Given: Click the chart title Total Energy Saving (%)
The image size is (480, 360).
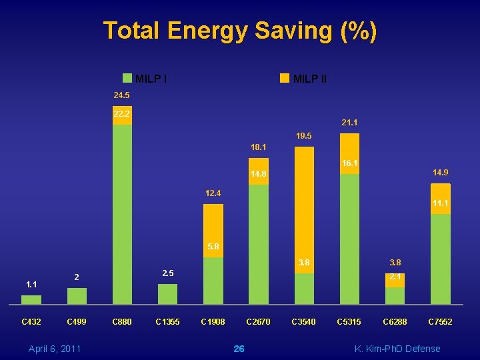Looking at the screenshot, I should coord(240,31).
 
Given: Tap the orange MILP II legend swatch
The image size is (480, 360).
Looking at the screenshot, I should coord(285,78).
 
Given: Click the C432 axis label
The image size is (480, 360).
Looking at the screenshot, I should coord(31,322).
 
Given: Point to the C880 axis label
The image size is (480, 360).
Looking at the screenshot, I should coord(122,322).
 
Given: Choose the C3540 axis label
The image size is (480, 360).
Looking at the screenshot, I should coord(303,322).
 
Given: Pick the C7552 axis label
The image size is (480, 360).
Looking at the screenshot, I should coord(440,322).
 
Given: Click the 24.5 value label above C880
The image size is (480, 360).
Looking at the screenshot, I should coord(121,95).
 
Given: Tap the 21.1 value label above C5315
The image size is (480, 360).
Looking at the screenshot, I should coord(349,123).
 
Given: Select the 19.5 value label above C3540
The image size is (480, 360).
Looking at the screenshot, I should coord(303,136).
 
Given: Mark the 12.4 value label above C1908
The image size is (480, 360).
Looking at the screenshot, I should coord(213,193).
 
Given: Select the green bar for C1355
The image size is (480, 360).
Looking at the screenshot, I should coord(167,294).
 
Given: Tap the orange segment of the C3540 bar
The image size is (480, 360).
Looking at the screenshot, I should coord(304,207).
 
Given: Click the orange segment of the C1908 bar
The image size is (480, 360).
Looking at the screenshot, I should coord(213,230).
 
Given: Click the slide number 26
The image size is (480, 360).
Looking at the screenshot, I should coord(239,349).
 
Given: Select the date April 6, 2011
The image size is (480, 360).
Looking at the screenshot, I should coord(55,349).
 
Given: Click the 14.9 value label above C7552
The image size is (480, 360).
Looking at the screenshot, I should coord(440,173).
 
